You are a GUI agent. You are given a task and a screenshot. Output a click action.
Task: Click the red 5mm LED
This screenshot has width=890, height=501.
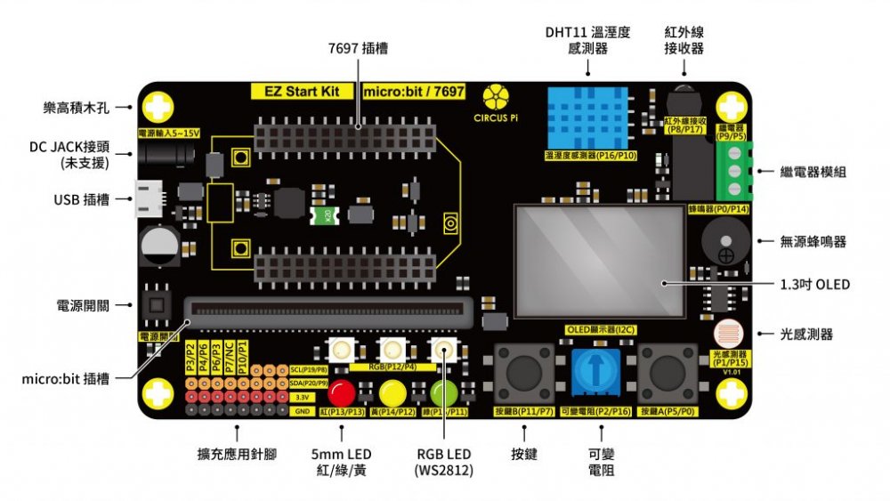pos(340,392)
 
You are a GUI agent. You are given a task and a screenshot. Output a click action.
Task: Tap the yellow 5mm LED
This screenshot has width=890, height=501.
pos(392,392)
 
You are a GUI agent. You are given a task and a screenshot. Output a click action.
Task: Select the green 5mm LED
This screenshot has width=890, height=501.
pos(443,392)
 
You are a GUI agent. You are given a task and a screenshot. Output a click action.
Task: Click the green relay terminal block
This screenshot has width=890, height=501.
pos(732,170)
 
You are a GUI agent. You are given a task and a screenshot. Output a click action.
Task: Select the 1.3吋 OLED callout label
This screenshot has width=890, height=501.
pos(814,285)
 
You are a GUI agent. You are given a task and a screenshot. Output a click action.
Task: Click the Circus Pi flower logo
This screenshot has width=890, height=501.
pos(496,97)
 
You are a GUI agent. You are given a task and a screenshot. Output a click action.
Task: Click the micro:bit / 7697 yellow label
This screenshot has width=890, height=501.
pos(414,92)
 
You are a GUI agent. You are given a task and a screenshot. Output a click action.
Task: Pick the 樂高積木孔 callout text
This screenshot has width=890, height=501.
pos(77,108)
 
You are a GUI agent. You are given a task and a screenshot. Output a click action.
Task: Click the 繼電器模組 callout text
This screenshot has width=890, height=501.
pos(813,172)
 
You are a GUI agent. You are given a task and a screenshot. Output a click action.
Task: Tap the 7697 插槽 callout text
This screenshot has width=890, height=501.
pos(358,47)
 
